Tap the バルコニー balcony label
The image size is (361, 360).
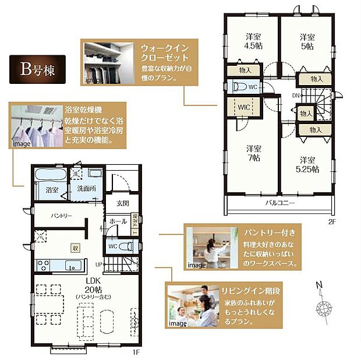pyautogui.click(x=281, y=203)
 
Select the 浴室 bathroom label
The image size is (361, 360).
pyautogui.click(x=52, y=190)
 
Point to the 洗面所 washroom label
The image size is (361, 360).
pyautogui.click(x=86, y=190)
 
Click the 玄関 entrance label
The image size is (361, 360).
pyautogui.click(x=122, y=203)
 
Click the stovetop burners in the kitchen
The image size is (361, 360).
pyautogui.click(x=44, y=265)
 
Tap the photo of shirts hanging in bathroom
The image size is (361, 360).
pyautogui.click(x=36, y=126)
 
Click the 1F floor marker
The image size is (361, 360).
pyautogui.click(x=135, y=352)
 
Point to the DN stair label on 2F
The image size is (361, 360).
pyautogui.click(x=296, y=96)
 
